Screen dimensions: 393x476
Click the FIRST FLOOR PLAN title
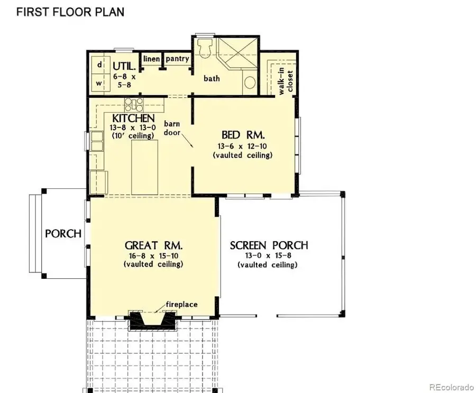(70, 12)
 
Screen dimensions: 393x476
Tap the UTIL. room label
(125, 67)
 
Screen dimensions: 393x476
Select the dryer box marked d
(99, 65)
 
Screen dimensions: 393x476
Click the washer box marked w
(99, 83)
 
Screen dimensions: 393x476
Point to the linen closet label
(151, 58)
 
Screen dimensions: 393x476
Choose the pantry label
(177, 58)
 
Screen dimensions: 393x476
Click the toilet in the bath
(204, 49)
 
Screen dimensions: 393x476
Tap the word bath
(212, 79)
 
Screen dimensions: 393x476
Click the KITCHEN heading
(133, 118)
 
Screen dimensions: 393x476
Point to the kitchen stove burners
(133, 103)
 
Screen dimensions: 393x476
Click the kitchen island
(145, 168)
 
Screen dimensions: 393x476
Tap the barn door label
(172, 128)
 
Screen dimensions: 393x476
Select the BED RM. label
(243, 134)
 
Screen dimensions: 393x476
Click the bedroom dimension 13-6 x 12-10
(243, 147)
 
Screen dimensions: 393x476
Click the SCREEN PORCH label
(269, 245)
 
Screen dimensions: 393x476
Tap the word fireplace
(182, 304)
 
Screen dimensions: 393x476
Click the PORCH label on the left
(63, 233)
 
